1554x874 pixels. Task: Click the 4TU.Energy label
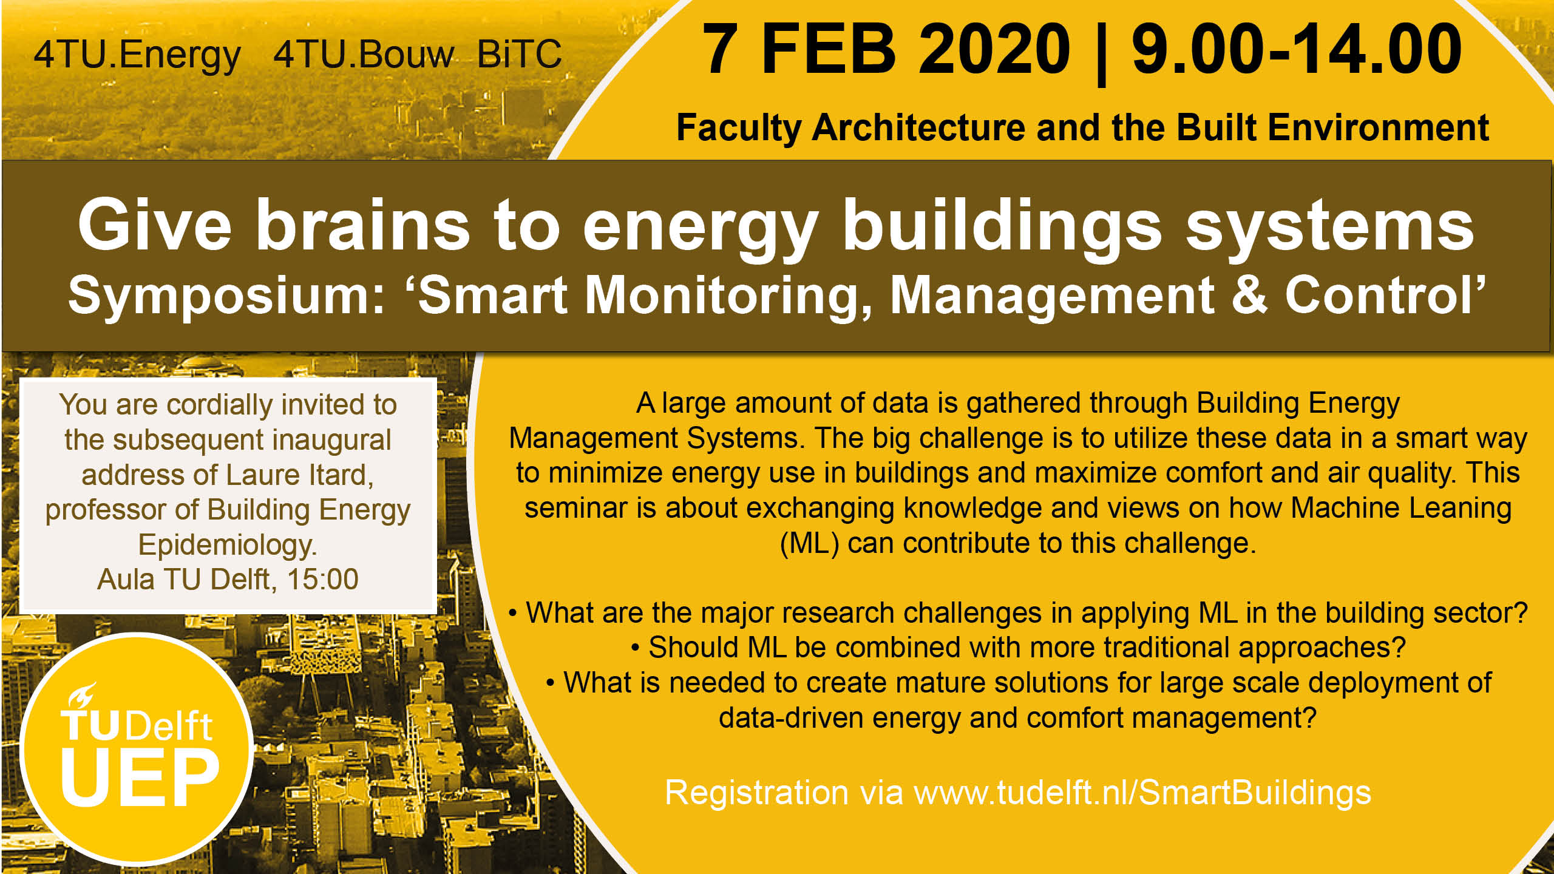(x=137, y=56)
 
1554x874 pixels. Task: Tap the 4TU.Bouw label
(x=363, y=55)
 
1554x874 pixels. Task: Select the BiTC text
(x=520, y=55)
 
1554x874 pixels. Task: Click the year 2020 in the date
(x=994, y=49)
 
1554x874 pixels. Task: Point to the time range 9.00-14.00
(x=1297, y=49)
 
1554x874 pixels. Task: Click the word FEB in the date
(x=828, y=49)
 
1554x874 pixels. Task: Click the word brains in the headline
(x=362, y=225)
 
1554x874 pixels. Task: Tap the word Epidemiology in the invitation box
(x=228, y=545)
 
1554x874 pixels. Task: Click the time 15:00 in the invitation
(x=322, y=579)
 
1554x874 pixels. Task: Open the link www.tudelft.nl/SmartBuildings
(x=1142, y=793)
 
